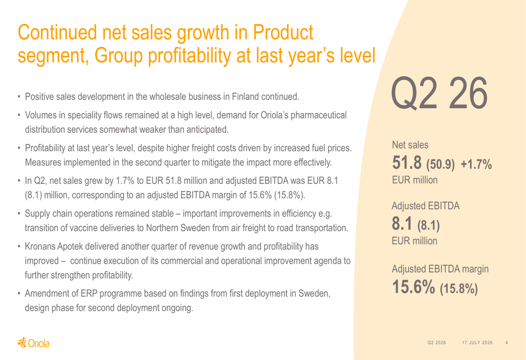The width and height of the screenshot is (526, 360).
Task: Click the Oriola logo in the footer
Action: [33, 343]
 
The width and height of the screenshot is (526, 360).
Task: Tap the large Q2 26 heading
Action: [439, 93]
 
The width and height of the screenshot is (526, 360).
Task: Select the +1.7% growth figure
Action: [476, 164]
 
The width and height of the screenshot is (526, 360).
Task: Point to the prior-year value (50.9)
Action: [440, 164]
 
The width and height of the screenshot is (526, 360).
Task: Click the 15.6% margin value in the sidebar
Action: [413, 287]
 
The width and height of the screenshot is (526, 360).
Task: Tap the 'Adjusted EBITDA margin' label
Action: [440, 269]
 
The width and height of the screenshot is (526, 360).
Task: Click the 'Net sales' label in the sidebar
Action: [410, 145]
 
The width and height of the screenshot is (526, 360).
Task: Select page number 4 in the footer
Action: [507, 343]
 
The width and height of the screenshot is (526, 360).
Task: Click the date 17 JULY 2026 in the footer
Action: [478, 343]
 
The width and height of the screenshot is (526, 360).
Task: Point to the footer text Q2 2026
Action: [437, 343]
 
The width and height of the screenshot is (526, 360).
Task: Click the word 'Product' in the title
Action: [283, 33]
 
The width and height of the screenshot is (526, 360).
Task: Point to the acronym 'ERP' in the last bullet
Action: [89, 293]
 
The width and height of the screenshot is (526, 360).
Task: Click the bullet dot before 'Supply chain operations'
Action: [19, 214]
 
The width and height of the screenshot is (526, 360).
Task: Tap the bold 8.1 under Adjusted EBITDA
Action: [402, 223]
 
